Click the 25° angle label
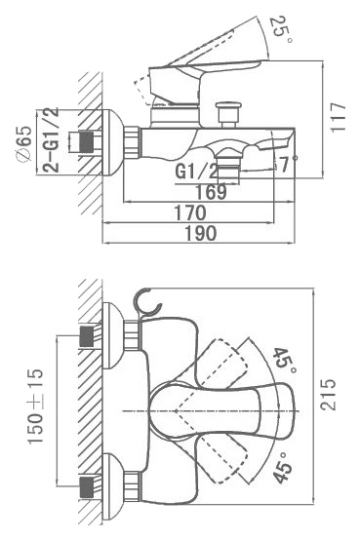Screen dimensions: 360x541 click(x=281, y=29)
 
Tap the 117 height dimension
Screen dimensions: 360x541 click(x=338, y=117)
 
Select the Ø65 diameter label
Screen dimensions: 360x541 click(x=23, y=143)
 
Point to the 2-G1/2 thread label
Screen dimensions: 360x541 click(x=51, y=140)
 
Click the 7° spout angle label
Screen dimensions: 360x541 click(x=287, y=164)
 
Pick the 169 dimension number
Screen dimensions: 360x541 click(x=211, y=192)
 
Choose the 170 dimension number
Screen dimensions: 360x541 click(x=190, y=213)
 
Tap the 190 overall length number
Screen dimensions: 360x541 click(x=201, y=233)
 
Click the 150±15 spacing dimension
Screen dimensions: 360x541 click(x=35, y=406)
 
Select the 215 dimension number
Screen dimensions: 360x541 click(x=327, y=395)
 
